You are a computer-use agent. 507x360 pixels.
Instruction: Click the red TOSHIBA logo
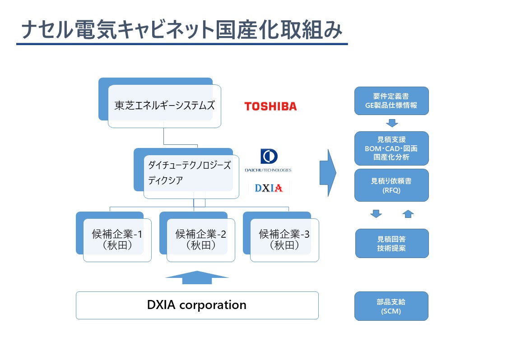pyautogui.click(x=270, y=106)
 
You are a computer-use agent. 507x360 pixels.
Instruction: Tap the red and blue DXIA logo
pyautogui.click(x=269, y=188)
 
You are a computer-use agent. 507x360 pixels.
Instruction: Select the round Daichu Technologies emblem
pyautogui.click(x=269, y=157)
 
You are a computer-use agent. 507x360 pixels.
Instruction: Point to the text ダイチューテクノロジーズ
pyautogui.click(x=189, y=165)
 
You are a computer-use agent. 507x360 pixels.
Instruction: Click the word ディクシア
pyautogui.click(x=165, y=180)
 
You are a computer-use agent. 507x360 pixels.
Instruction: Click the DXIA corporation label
pyautogui.click(x=196, y=305)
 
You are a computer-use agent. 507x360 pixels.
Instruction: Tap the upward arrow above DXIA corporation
pyautogui.click(x=197, y=277)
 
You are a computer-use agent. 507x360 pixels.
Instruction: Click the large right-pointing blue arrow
pyautogui.click(x=328, y=173)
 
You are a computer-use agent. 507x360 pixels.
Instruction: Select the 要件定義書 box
pyautogui.click(x=391, y=101)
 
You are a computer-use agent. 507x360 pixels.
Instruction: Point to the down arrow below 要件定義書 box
pyautogui.click(x=392, y=123)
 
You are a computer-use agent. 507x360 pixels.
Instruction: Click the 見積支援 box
pyautogui.click(x=391, y=148)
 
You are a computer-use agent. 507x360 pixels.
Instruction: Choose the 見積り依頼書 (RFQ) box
pyautogui.click(x=391, y=185)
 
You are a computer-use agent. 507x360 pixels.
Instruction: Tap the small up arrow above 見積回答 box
pyautogui.click(x=408, y=214)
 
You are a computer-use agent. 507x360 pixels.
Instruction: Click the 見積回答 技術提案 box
pyautogui.click(x=392, y=243)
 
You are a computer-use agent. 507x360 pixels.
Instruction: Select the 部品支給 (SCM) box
pyautogui.click(x=391, y=306)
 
